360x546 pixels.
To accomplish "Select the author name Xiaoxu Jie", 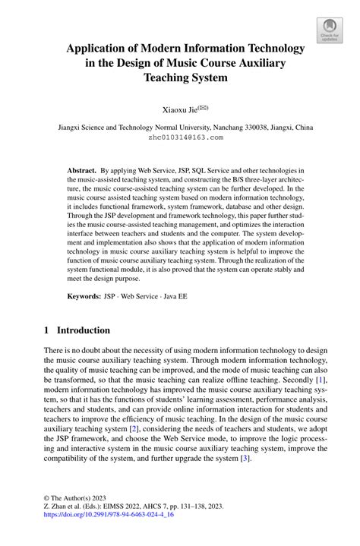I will [177, 110].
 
